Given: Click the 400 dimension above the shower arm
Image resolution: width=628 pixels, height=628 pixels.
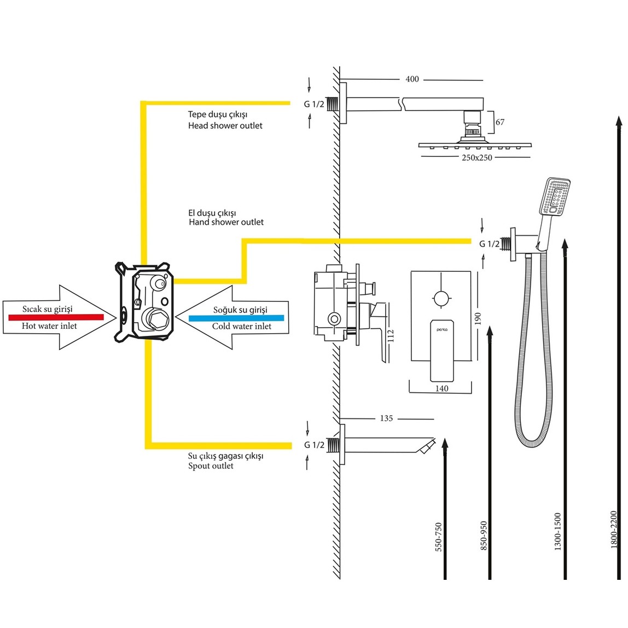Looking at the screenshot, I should [x=412, y=79].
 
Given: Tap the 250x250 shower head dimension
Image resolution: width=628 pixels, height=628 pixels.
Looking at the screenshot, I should [x=476, y=158].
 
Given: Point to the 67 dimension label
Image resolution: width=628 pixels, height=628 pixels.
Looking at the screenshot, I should [x=499, y=122].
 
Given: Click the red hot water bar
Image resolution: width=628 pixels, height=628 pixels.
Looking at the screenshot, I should [x=56, y=317].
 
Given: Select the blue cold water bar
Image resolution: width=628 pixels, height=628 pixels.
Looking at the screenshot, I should [x=236, y=317].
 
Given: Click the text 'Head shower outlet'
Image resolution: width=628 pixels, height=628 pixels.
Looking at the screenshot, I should [x=225, y=126].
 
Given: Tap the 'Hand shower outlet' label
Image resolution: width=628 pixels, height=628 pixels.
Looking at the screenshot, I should [x=226, y=222].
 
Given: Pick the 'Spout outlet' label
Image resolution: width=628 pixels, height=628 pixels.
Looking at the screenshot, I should [x=211, y=466].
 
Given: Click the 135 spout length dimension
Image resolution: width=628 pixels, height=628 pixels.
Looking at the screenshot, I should [x=386, y=418].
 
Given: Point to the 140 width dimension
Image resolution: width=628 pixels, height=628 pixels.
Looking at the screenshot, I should [x=441, y=388].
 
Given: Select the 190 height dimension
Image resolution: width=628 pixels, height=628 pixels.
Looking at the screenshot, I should [x=478, y=318].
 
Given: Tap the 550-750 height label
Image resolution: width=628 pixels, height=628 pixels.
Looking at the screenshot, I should [x=438, y=537].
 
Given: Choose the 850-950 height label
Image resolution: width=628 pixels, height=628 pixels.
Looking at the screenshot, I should [x=484, y=535].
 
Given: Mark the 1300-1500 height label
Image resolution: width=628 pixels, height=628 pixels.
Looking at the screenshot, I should [x=557, y=531].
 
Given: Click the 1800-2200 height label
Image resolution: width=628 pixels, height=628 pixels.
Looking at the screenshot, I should [x=613, y=530].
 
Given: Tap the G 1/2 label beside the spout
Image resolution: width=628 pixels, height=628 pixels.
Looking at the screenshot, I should [x=314, y=445].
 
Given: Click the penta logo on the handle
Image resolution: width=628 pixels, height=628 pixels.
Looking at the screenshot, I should [x=441, y=330].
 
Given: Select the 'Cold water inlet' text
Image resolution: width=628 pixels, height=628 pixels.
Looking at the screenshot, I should [x=242, y=327].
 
